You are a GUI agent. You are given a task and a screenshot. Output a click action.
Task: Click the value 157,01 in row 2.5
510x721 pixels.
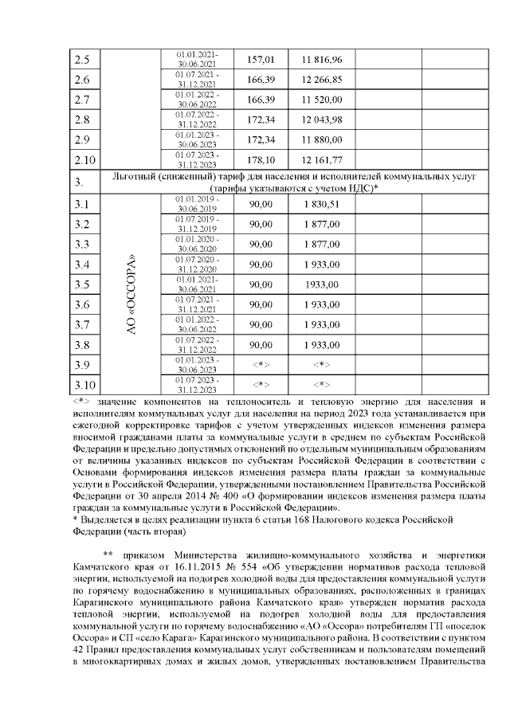[261, 59]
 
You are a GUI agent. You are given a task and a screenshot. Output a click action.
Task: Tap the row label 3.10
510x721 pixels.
[84, 385]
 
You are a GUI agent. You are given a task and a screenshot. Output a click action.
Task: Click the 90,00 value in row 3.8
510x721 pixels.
[261, 345]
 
